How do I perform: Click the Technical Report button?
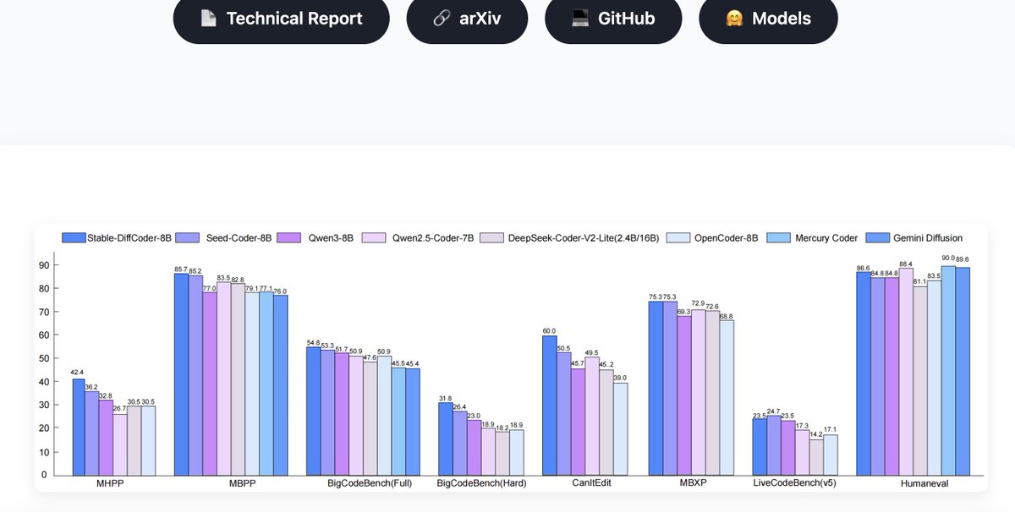[x=281, y=19]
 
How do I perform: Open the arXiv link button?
[x=467, y=19]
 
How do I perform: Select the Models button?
[x=768, y=19]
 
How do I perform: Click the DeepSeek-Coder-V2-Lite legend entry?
[x=571, y=238]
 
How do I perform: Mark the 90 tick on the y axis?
[x=43, y=265]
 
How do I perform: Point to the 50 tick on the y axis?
[x=43, y=358]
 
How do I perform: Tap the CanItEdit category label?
[x=592, y=484]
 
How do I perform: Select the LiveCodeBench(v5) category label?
[x=794, y=484]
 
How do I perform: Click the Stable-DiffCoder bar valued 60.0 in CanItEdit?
[x=550, y=406]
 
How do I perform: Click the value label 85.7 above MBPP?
[x=181, y=269]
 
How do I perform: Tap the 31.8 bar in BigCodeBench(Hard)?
[x=445, y=438]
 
